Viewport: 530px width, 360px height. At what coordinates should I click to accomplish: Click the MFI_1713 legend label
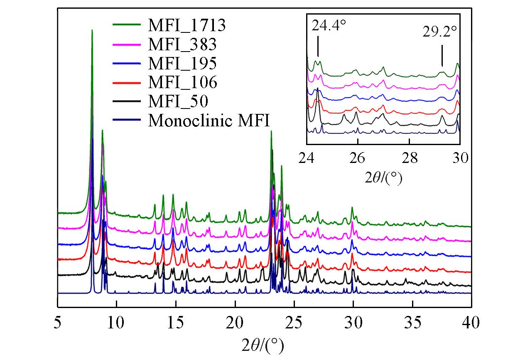coord(187,26)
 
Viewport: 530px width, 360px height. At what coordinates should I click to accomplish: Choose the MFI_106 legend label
coord(182,82)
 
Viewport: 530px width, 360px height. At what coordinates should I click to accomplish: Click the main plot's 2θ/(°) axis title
coord(264,345)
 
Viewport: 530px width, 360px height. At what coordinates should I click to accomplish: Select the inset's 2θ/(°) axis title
coord(383,178)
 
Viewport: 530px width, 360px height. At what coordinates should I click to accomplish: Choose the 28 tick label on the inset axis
coord(409,158)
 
